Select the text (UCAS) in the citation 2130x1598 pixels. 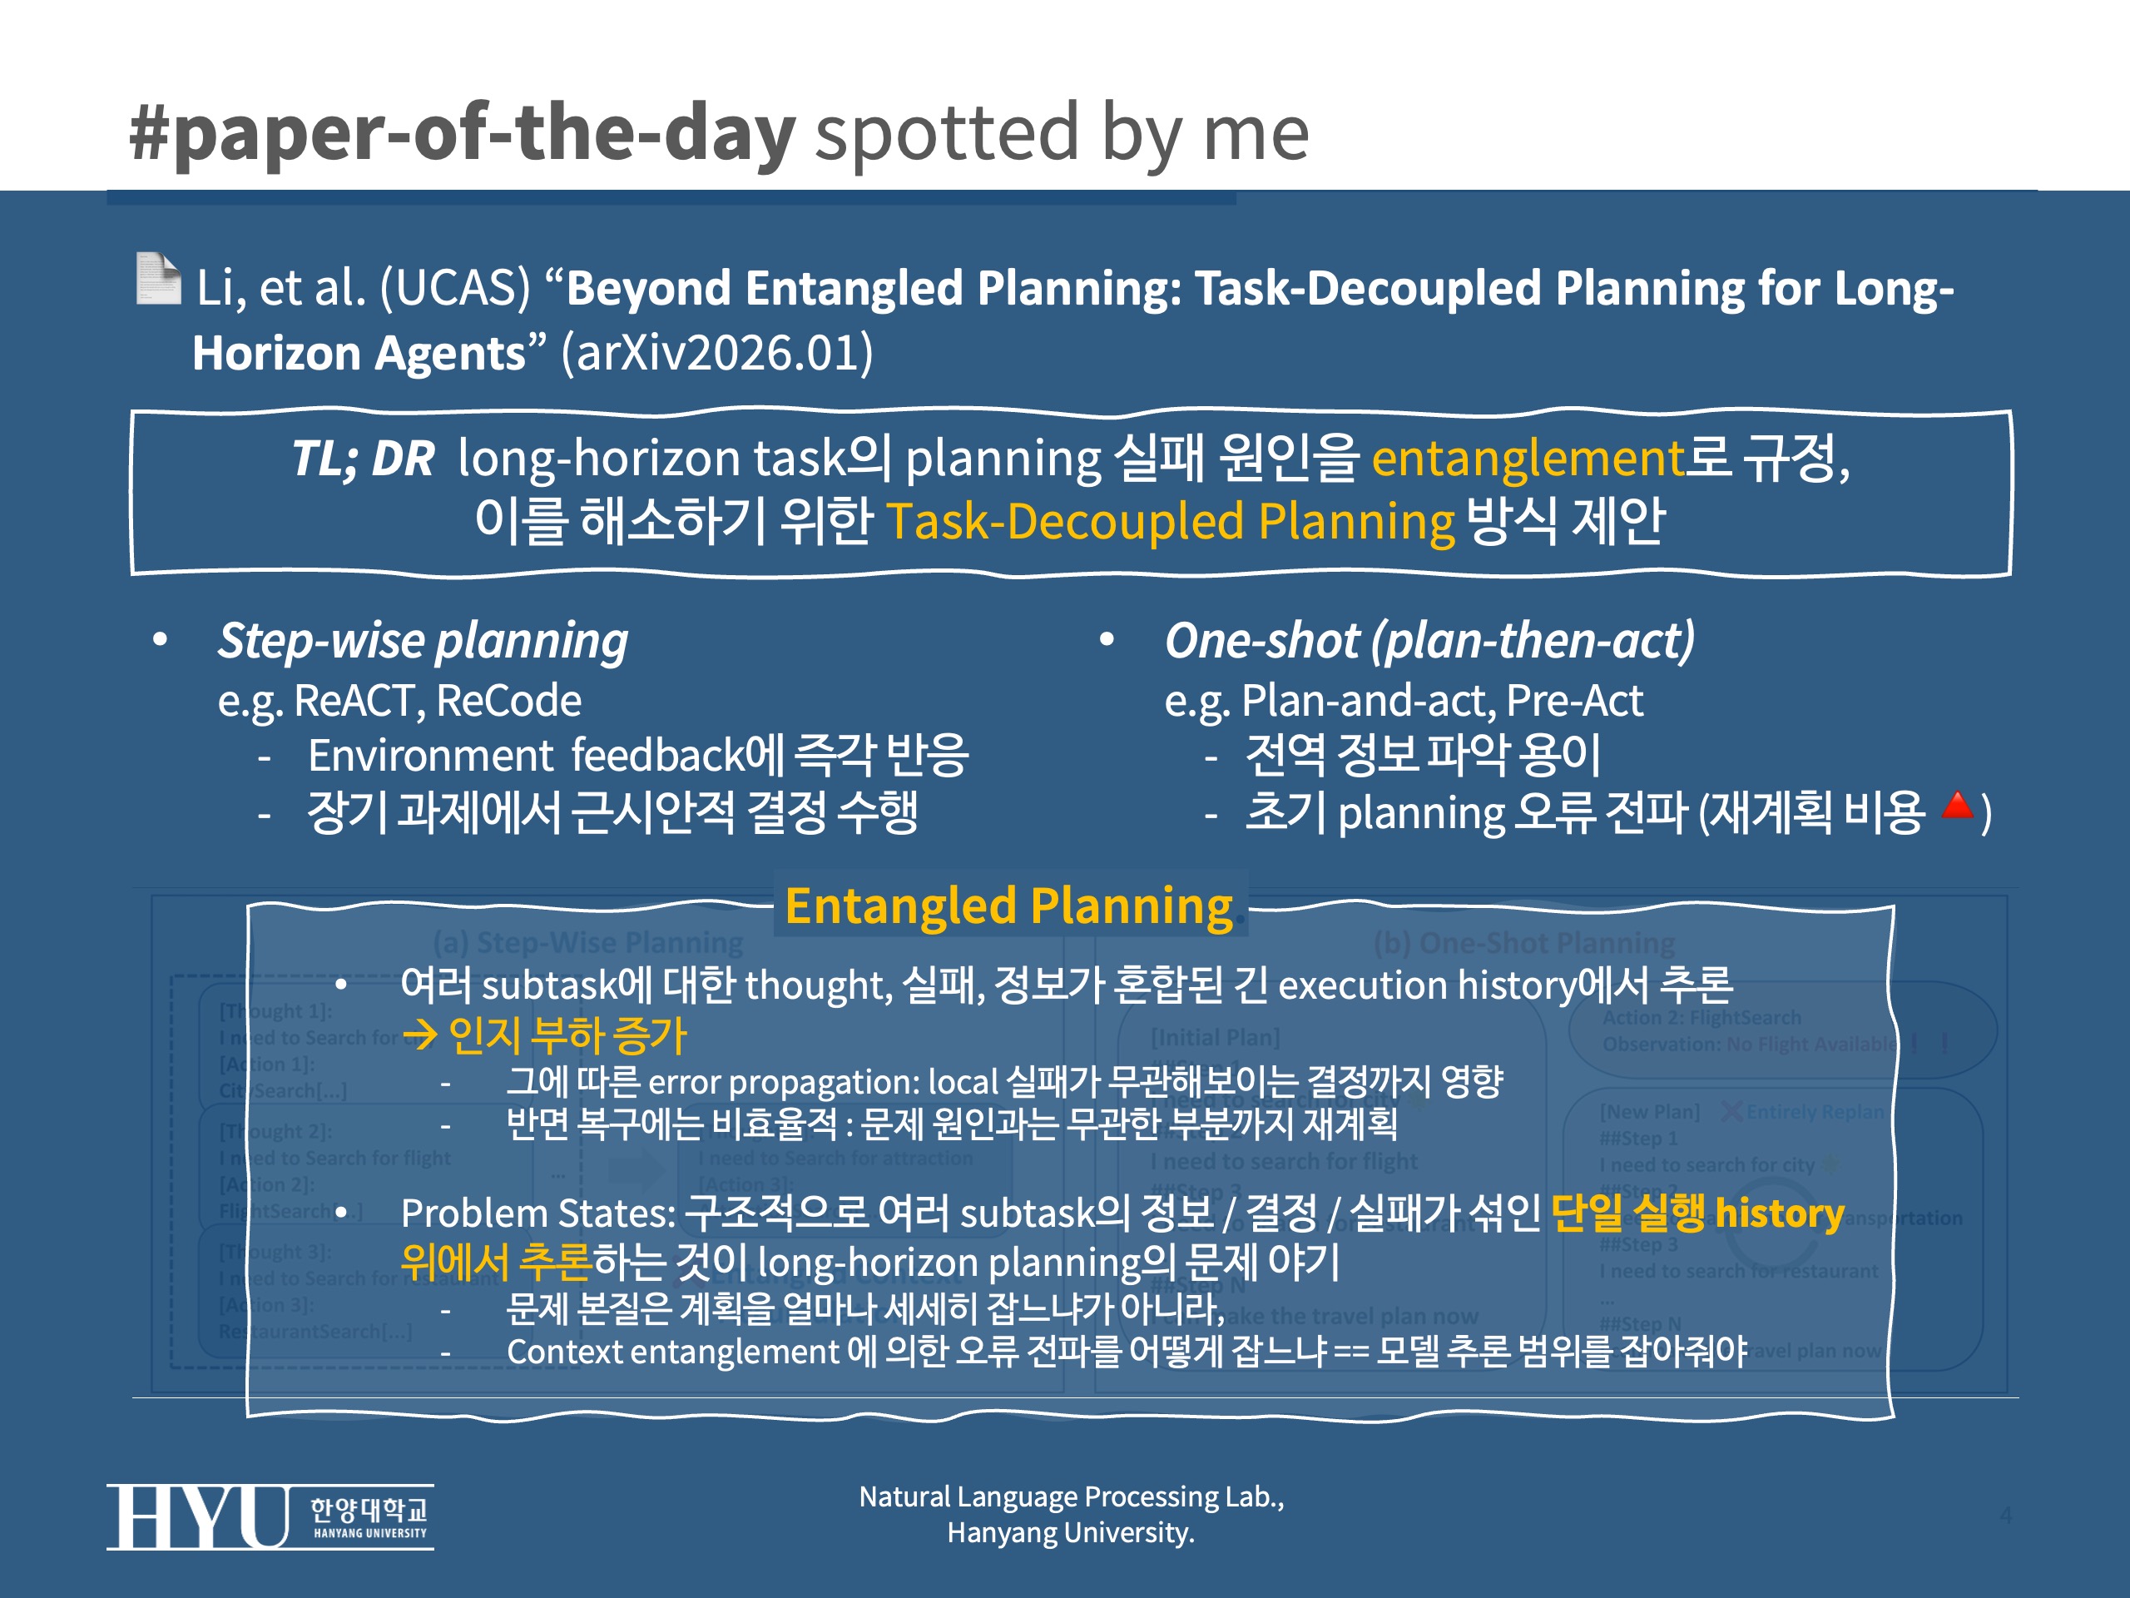pyautogui.click(x=454, y=288)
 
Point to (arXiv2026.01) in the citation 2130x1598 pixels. pyautogui.click(x=717, y=353)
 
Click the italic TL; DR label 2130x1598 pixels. pyautogui.click(x=363, y=459)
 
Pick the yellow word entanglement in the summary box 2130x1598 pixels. pyautogui.click(x=1528, y=459)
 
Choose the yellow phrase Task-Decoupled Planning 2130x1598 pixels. pyautogui.click(x=1170, y=522)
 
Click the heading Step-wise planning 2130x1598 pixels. pyautogui.click(x=423, y=641)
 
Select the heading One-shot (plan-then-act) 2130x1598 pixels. pyautogui.click(x=1429, y=641)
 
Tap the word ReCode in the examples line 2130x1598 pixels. pyautogui.click(x=508, y=700)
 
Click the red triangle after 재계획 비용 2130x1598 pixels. pyautogui.click(x=1957, y=806)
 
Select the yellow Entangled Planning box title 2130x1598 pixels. pyautogui.click(x=1009, y=906)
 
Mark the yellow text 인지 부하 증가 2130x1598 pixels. pyautogui.click(x=567, y=1035)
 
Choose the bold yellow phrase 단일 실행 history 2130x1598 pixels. pyautogui.click(x=1697, y=1213)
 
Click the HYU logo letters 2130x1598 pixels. pyautogui.click(x=198, y=1517)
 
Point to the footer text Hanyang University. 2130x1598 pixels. pyautogui.click(x=1070, y=1532)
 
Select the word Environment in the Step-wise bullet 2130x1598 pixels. pyautogui.click(x=430, y=756)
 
